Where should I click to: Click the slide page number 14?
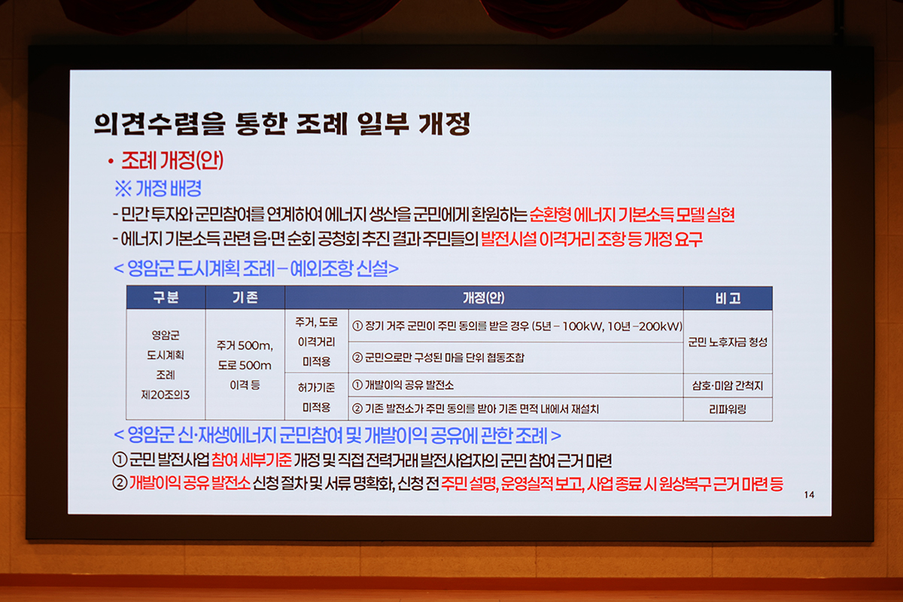809,494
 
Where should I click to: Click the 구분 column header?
166,297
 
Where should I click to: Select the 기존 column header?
245,297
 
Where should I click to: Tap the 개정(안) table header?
483,298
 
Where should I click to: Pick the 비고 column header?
728,299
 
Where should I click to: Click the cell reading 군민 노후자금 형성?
728,342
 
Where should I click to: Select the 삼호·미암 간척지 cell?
728,386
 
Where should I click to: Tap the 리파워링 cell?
728,409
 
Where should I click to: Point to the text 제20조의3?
166,395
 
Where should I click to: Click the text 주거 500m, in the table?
245,345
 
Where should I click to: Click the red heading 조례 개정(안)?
172,160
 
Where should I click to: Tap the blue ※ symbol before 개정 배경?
123,188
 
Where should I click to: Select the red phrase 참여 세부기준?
251,460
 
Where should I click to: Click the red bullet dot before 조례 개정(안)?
111,162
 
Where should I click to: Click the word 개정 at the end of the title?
444,123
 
